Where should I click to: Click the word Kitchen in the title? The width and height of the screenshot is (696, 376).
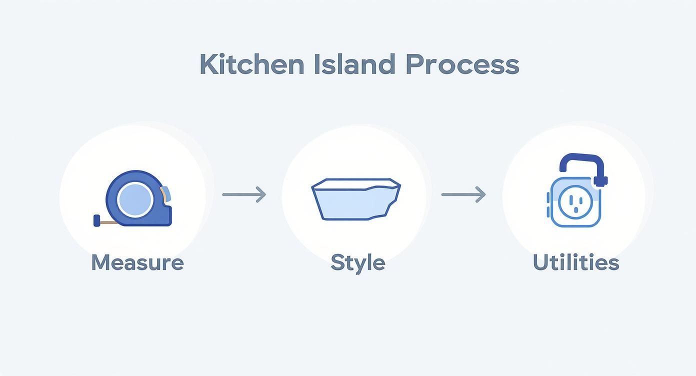251,64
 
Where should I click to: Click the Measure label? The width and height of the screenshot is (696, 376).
137,262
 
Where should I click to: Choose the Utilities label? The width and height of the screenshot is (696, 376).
575,262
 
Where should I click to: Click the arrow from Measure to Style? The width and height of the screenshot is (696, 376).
244,194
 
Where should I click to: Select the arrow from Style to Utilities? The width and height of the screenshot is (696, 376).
463,194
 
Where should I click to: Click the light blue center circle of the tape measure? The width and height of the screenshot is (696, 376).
134,199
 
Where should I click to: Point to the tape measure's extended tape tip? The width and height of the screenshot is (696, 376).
96,220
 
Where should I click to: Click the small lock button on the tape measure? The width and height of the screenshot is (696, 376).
166,194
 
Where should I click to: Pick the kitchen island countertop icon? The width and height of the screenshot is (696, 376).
355,199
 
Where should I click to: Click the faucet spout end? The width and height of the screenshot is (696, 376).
601,181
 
